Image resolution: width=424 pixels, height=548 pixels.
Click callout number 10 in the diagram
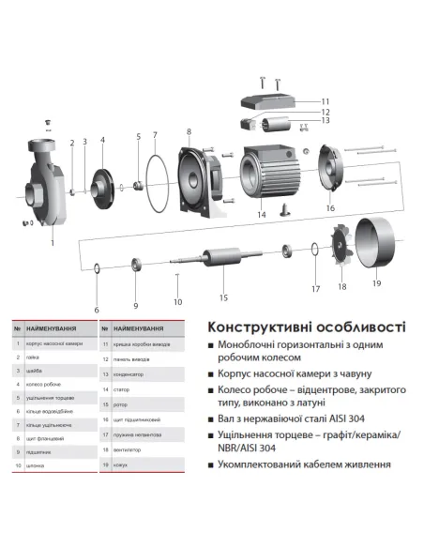coord(178,301)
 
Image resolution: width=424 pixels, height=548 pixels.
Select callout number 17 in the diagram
coord(315,288)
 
